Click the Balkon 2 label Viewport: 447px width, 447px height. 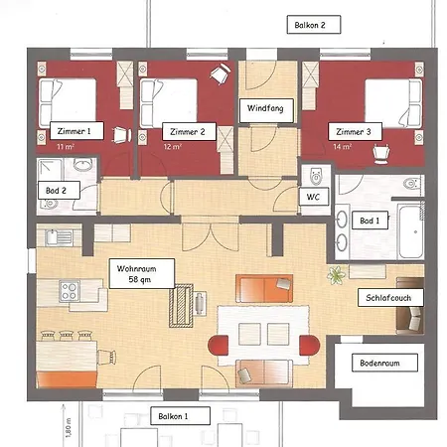311,24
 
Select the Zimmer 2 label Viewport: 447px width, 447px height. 187,130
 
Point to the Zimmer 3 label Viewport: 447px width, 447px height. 353,130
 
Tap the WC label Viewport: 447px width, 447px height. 312,197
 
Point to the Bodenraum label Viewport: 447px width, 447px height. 378,364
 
